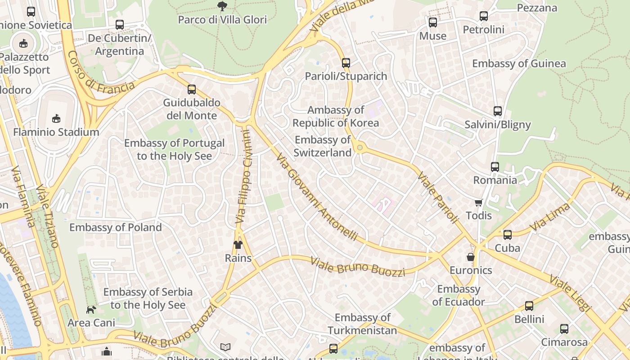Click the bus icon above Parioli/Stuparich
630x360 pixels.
[x=346, y=63]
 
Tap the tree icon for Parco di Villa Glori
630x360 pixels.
[x=222, y=6]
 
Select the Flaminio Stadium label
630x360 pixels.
[x=56, y=132]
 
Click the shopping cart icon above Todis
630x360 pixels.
[x=478, y=202]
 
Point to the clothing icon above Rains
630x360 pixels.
[x=238, y=245]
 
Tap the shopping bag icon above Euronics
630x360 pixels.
[x=471, y=257]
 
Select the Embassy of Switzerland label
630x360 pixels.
[x=322, y=146]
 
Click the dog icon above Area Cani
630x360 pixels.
[x=91, y=310]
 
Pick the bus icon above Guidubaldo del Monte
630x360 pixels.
[x=192, y=89]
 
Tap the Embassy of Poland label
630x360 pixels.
[x=115, y=227]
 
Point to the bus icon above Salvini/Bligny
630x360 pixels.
[x=497, y=111]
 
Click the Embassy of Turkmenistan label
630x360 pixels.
[x=362, y=324]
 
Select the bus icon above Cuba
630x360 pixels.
[x=508, y=234]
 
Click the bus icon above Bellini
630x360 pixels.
[x=529, y=306]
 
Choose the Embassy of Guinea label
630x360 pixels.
[x=519, y=63]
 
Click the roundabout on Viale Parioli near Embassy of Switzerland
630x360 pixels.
[x=360, y=147]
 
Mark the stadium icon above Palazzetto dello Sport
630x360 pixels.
[x=23, y=44]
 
